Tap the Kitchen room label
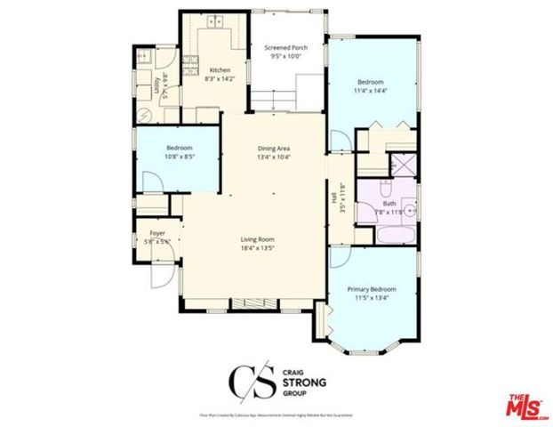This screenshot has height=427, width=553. (220, 74)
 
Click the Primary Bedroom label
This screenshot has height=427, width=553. (371, 294)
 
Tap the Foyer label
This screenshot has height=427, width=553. (156, 237)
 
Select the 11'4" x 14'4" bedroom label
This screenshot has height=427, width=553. (371, 85)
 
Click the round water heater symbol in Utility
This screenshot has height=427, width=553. (144, 113)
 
